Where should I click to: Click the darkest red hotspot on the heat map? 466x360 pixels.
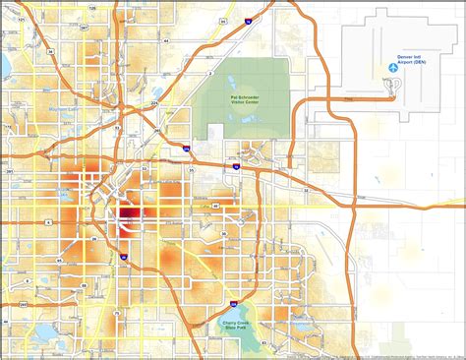pyautogui.click(x=128, y=215)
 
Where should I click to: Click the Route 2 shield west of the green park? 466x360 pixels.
pyautogui.click(x=209, y=72)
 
